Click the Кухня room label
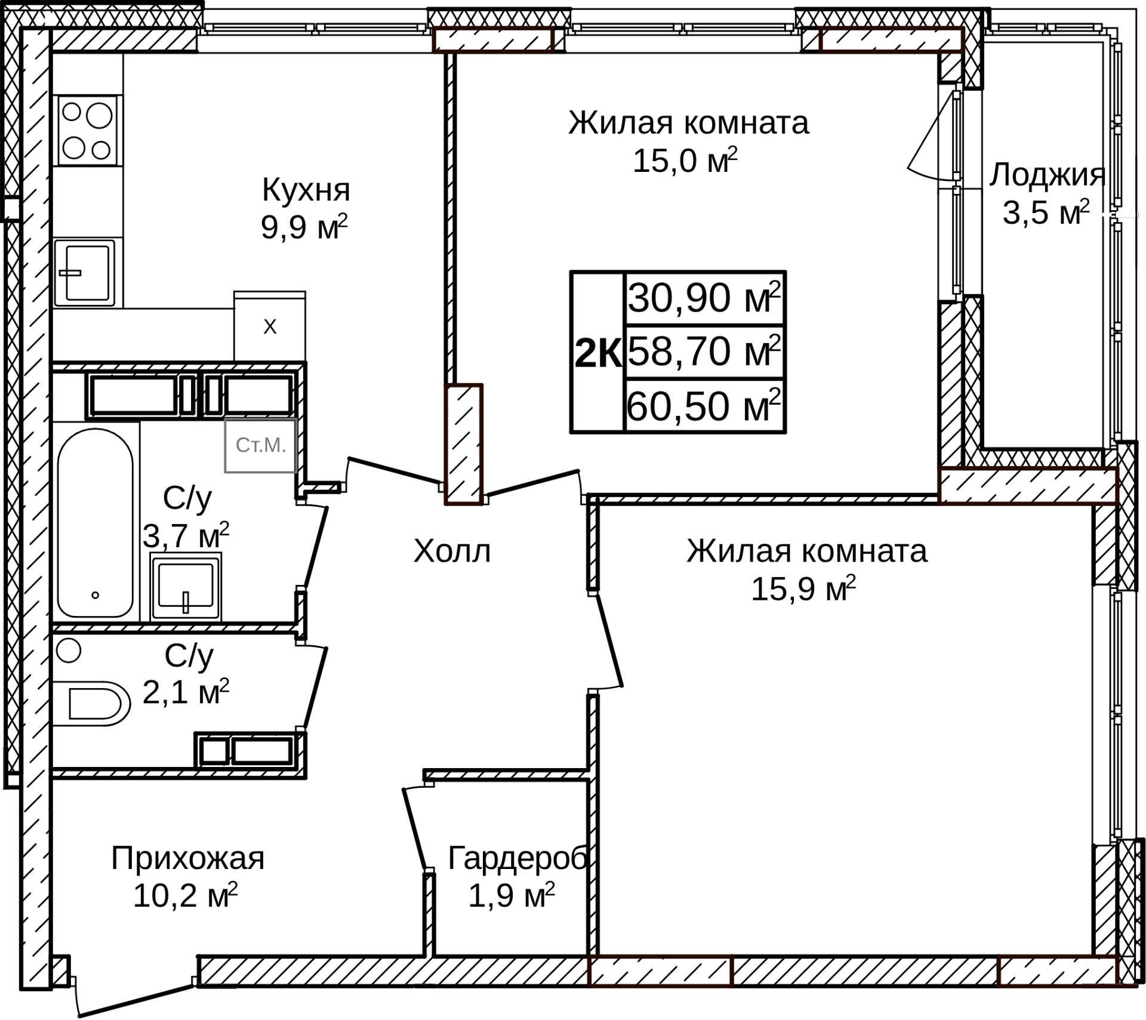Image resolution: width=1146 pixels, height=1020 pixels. [x=306, y=190]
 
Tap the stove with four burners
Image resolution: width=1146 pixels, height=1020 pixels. [x=87, y=131]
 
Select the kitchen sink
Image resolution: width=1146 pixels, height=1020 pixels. [x=85, y=272]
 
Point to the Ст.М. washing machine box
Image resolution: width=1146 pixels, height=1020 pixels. [x=261, y=445]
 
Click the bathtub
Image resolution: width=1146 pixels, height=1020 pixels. [x=95, y=523]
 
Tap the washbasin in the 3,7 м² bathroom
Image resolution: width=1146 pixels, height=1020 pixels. [x=186, y=587]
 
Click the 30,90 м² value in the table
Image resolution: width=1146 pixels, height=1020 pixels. [x=704, y=297]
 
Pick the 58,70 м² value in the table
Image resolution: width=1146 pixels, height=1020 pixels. [x=704, y=351]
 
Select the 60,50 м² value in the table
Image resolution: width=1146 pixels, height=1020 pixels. [x=704, y=406]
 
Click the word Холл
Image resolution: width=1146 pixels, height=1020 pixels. [x=452, y=551]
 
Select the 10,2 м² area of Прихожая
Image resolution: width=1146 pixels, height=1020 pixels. [x=185, y=895]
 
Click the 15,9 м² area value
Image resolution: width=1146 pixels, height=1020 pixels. [x=803, y=589]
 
